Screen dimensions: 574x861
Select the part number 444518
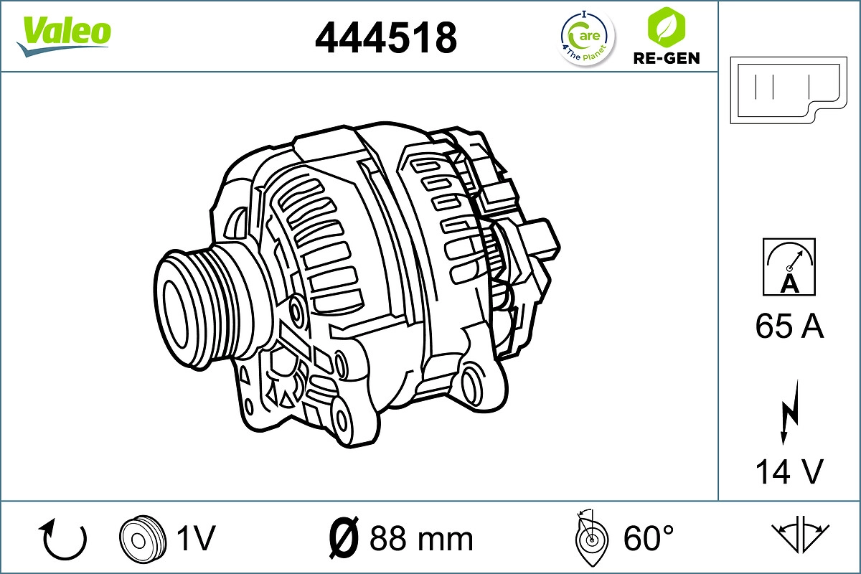click(386, 37)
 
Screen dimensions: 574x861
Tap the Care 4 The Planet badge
click(587, 37)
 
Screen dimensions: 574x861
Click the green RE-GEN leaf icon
click(665, 27)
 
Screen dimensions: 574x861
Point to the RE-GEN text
click(666, 58)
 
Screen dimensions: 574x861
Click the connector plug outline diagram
click(787, 90)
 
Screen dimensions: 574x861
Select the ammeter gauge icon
click(789, 267)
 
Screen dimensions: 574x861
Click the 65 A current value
click(789, 327)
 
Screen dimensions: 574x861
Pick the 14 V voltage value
click(789, 472)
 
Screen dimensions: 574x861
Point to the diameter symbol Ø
click(342, 537)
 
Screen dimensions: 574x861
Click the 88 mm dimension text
click(421, 538)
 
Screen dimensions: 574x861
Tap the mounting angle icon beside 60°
click(591, 537)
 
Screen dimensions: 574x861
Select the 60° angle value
click(649, 537)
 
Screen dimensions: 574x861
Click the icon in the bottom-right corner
click(801, 535)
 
